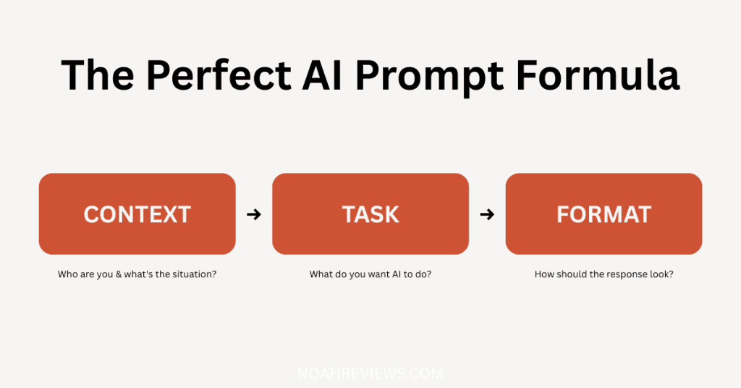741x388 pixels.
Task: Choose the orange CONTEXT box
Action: pyautogui.click(x=137, y=214)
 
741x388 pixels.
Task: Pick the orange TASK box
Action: pyautogui.click(x=370, y=214)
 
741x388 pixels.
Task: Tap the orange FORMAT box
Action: pyautogui.click(x=604, y=214)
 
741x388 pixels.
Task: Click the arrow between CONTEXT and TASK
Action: pyautogui.click(x=253, y=214)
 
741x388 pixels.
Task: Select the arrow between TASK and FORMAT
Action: pyautogui.click(x=487, y=214)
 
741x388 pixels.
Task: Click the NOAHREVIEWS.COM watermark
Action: pyautogui.click(x=370, y=374)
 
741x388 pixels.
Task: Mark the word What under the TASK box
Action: pyautogui.click(x=321, y=275)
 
